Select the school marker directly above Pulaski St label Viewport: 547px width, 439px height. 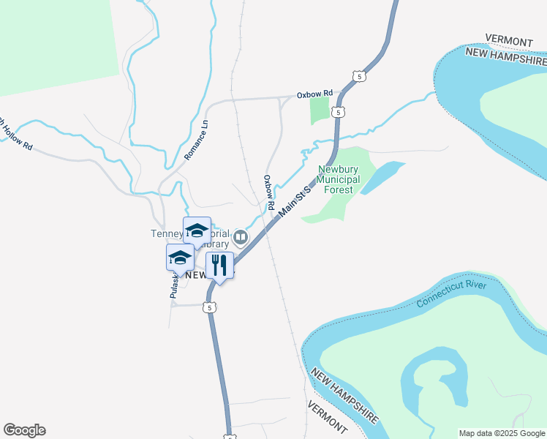180,258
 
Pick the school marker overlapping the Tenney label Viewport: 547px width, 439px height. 196,231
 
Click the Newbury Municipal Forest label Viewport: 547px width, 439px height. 339,179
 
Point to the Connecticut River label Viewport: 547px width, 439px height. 451,293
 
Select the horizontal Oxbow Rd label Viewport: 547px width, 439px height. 314,94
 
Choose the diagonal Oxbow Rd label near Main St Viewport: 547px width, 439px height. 268,192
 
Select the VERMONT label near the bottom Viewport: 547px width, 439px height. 327,416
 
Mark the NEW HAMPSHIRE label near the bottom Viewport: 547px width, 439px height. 344,396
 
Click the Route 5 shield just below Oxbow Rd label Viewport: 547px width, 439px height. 337,111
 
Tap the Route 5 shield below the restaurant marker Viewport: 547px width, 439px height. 211,308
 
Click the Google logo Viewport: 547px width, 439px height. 24,430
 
